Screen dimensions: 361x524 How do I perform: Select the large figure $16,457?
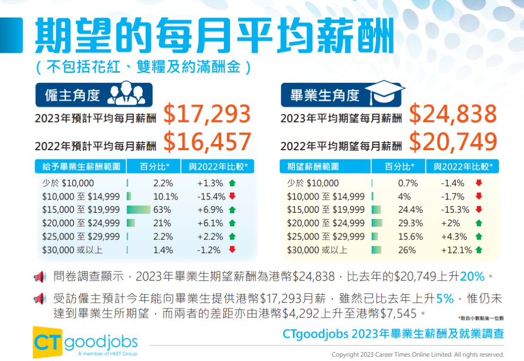click(x=207, y=141)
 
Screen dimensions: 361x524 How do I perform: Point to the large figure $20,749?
click(x=453, y=141)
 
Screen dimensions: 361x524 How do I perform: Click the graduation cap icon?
click(x=385, y=92)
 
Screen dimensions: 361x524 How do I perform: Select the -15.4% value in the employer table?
click(x=211, y=197)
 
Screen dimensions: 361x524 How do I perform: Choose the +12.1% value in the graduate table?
click(x=456, y=250)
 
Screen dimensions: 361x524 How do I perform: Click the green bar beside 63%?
click(x=138, y=210)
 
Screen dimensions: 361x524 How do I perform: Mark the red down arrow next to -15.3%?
click(x=478, y=210)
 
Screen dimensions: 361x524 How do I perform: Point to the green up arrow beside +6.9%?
click(x=232, y=210)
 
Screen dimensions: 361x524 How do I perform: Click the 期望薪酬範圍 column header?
click(x=312, y=167)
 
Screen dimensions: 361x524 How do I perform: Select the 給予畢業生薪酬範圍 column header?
click(x=81, y=167)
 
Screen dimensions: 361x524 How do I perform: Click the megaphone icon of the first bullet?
click(x=40, y=277)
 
